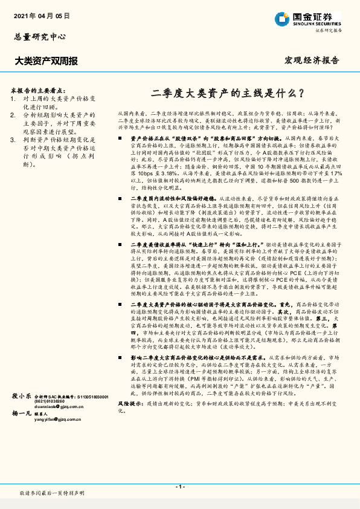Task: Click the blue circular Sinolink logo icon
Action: point(283,18)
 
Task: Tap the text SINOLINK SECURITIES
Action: point(318,23)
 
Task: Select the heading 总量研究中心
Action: point(39,36)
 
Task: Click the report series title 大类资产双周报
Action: point(46,61)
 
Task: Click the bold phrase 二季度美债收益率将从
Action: point(158,245)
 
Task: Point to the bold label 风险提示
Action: point(129,418)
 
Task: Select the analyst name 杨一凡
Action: point(22,447)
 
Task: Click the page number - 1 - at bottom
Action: point(180,487)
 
